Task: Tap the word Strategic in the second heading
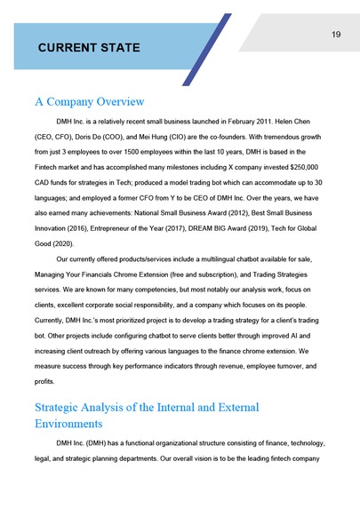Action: coord(65,408)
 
